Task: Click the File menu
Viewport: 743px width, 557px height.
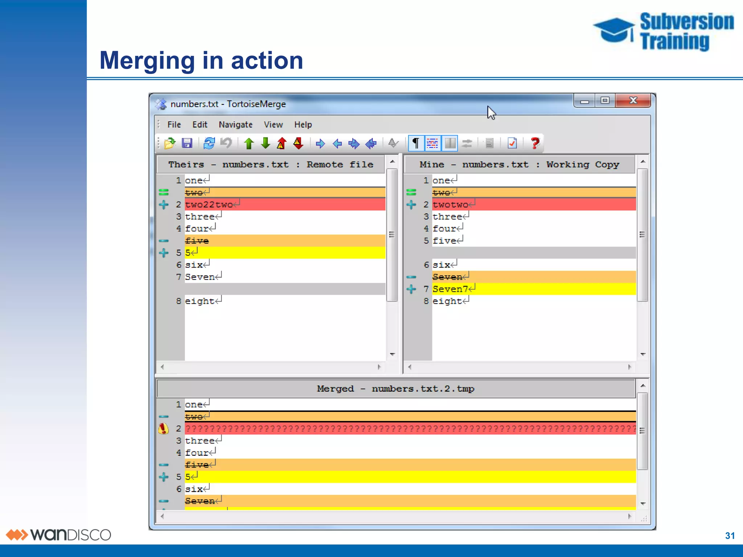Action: [x=174, y=125]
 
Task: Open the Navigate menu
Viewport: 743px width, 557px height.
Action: [x=235, y=125]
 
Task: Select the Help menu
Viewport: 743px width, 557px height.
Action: [x=303, y=125]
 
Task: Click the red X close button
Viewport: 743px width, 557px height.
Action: [x=633, y=100]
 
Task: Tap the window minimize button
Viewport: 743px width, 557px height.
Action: [x=584, y=101]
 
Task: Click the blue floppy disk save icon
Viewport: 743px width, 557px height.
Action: [x=187, y=143]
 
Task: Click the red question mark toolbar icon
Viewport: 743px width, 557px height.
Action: [x=535, y=143]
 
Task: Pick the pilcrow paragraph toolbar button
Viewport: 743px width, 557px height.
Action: [x=416, y=143]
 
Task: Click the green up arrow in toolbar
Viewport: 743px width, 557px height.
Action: [x=249, y=143]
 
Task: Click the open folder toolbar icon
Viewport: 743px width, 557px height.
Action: [x=169, y=143]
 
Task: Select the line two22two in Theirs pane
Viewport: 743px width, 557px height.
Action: [x=209, y=205]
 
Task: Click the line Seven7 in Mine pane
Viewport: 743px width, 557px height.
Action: [x=450, y=289]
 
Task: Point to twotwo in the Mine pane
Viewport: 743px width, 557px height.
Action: [x=450, y=205]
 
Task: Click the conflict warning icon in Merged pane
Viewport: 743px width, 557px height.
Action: [x=164, y=429]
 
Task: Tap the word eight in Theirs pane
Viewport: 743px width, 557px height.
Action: [x=200, y=301]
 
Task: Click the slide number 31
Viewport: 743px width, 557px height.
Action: [x=730, y=536]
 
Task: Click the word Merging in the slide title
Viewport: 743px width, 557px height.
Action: [x=147, y=61]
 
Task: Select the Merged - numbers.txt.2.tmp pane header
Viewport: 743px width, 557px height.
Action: [x=395, y=389]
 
